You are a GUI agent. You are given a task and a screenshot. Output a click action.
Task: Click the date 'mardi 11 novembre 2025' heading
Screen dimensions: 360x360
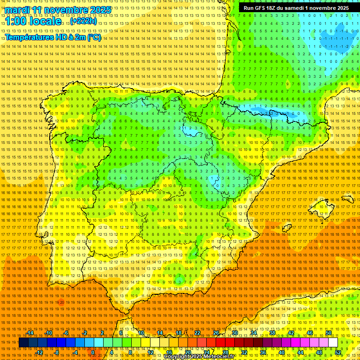[59, 10]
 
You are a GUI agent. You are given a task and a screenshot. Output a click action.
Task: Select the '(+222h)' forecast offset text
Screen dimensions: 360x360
[83, 21]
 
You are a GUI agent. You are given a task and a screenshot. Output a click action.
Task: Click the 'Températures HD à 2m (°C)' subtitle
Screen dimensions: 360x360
[53, 37]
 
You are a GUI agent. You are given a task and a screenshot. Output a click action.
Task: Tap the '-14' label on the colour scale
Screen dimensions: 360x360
[30, 333]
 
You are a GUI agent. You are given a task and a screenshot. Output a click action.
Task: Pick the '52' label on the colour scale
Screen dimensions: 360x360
[338, 352]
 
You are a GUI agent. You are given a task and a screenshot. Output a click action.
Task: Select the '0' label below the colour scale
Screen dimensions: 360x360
[93, 352]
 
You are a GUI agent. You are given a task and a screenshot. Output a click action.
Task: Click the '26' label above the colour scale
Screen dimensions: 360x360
[216, 333]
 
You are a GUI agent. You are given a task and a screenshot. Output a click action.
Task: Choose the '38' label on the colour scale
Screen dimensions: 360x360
[272, 333]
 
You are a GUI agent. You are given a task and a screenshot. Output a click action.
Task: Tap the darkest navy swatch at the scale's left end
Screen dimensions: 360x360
[23, 343]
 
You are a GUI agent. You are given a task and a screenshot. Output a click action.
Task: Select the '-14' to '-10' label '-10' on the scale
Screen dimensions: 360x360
[48, 333]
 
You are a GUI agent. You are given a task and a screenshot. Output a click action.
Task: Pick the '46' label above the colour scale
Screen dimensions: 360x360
[310, 333]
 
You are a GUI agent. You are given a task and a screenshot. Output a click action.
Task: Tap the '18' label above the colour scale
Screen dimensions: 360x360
[179, 333]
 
